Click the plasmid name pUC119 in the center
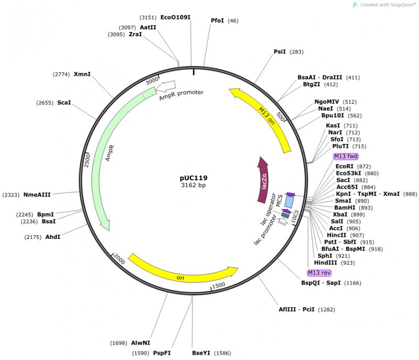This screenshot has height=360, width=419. [x=194, y=177]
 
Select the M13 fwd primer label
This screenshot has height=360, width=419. [x=346, y=156]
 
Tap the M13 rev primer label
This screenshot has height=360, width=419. [x=319, y=273]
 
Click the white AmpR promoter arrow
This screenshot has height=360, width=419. [x=167, y=84]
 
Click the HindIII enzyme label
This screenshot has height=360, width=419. [x=326, y=263]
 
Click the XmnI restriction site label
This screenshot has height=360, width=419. [x=82, y=74]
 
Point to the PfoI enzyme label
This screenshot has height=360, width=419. [x=217, y=20]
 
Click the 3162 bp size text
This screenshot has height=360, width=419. [x=194, y=185]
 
